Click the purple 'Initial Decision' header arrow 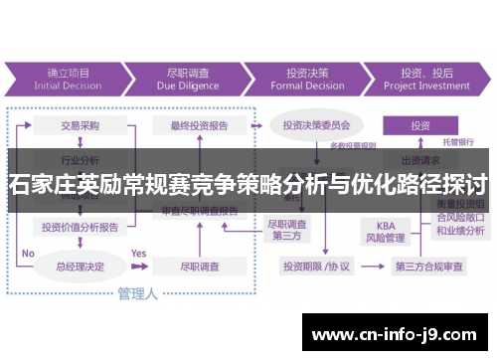coord(68,79)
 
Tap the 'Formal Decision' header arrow coord(307,79)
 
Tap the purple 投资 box coord(420,125)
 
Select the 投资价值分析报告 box coord(81,227)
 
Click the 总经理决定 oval coord(79,266)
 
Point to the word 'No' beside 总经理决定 coord(28,254)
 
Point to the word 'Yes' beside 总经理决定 coord(138,254)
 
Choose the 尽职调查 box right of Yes coord(199,266)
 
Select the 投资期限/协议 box coord(315,266)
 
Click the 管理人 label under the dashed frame coord(137,293)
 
